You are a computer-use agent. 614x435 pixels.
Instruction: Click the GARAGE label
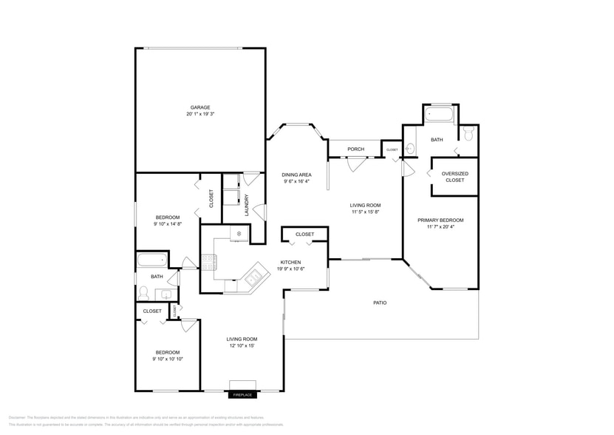pyautogui.click(x=199, y=107)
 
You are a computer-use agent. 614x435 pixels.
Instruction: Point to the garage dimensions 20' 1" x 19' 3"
pyautogui.click(x=199, y=114)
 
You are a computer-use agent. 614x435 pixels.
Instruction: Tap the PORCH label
pyautogui.click(x=355, y=149)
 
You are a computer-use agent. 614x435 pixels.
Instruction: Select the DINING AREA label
pyautogui.click(x=296, y=175)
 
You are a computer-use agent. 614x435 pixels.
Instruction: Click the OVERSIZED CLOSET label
pyautogui.click(x=454, y=177)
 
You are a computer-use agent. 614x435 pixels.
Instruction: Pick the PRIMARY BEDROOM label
pyautogui.click(x=440, y=220)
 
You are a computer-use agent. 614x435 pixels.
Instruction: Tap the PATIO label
pyautogui.click(x=380, y=303)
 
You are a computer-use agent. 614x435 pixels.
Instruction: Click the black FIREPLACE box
pyautogui.click(x=243, y=395)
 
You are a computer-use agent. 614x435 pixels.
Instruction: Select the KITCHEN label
pyautogui.click(x=290, y=263)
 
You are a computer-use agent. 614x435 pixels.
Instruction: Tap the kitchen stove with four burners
pyautogui.click(x=208, y=260)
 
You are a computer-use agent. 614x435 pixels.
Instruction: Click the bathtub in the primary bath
pyautogui.click(x=440, y=115)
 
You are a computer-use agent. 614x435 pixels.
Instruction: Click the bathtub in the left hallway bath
pyautogui.click(x=151, y=260)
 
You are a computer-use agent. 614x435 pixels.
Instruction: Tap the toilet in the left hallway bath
pyautogui.click(x=144, y=294)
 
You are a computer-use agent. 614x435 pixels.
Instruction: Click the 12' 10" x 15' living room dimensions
pyautogui.click(x=242, y=345)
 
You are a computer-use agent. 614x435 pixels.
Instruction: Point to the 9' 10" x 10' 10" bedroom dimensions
pyautogui.click(x=167, y=359)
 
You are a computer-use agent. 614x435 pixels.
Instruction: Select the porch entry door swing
pyautogui.click(x=356, y=164)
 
